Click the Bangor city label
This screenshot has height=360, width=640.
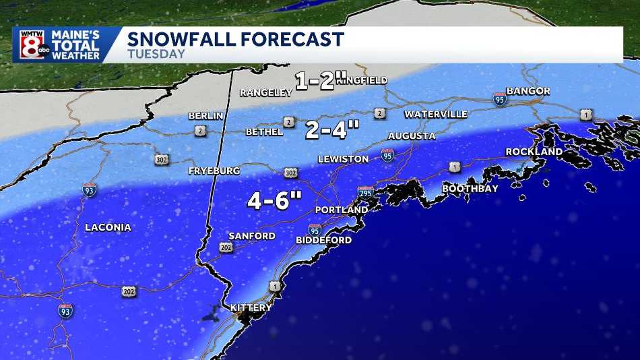[x=528, y=91]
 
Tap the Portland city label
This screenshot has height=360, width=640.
[x=342, y=210]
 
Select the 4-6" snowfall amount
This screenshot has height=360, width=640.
[x=274, y=200]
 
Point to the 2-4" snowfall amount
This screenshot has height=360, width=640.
[x=333, y=129]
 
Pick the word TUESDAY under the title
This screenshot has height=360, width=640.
[x=156, y=55]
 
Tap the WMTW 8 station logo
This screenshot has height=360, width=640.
[x=29, y=45]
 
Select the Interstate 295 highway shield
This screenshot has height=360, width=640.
[x=366, y=193]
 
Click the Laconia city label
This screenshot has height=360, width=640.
[x=108, y=227]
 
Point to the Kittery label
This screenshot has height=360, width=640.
[x=251, y=307]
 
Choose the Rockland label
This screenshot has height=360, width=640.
[x=534, y=152]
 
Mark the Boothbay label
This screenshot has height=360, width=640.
[x=470, y=188]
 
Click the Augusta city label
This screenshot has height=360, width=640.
[x=412, y=136]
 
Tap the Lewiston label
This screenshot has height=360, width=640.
[x=343, y=159]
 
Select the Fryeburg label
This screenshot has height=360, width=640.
[x=214, y=171]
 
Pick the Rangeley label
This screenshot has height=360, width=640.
[x=265, y=92]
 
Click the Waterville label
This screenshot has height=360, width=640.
[x=435, y=115]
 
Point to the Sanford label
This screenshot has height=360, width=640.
[x=251, y=236]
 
